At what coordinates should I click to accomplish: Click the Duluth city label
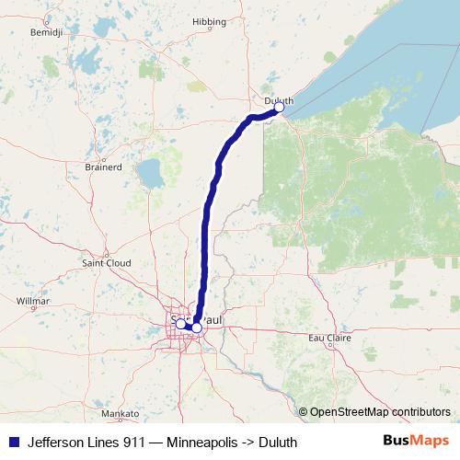point(277,99)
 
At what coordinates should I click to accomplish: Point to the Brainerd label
point(102,167)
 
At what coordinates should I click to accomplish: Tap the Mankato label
point(120,414)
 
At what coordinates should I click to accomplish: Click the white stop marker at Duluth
point(279,108)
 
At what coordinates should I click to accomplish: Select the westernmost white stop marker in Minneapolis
point(180,324)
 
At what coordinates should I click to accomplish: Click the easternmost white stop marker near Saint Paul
point(197,328)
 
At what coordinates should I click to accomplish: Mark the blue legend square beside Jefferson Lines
point(13,442)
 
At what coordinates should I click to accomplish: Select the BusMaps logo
point(415,441)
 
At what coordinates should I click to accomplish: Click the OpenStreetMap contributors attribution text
point(380,412)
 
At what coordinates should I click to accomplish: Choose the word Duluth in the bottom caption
point(278,442)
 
